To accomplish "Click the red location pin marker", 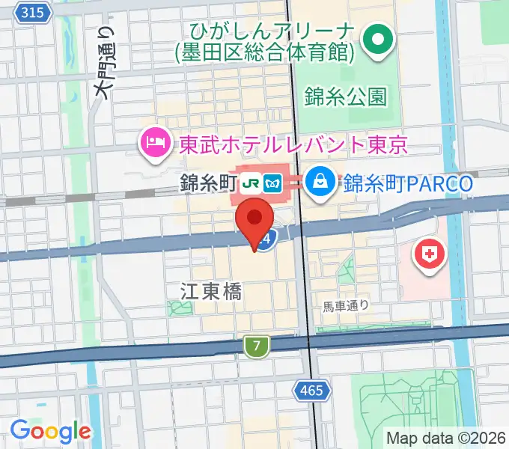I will [x=255, y=221].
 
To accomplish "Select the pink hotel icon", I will [x=155, y=143].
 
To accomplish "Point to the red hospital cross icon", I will [x=430, y=254].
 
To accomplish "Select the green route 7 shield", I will [x=257, y=346].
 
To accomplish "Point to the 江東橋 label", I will [x=211, y=291].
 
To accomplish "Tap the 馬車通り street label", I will [x=346, y=305].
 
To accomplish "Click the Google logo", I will [x=50, y=430].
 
